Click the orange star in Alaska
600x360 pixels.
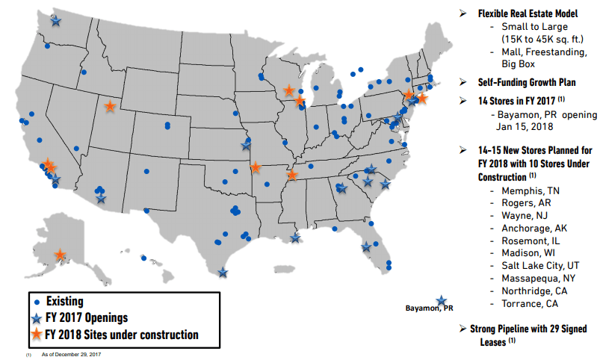coord(59,255)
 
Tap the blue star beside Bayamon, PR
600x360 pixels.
coord(442,301)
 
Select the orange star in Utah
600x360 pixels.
coord(110,107)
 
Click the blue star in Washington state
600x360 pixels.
coord(56,21)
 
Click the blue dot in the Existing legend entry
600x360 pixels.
coord(37,302)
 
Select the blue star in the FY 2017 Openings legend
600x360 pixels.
coord(37,318)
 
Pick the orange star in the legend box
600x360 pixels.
coord(37,335)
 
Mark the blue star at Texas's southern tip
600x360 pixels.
coord(223,273)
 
